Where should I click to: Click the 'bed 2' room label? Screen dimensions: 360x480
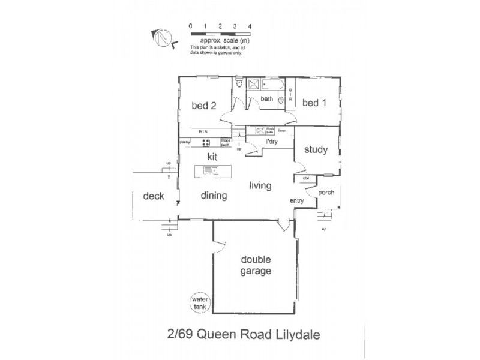coord(203,106)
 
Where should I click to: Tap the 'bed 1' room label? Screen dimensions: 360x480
coord(314,103)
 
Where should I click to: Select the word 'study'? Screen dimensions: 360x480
coord(316,149)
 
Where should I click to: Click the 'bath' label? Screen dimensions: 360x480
coord(266,99)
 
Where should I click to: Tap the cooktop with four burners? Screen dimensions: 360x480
coord(206,142)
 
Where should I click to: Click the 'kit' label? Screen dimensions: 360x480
coord(211,156)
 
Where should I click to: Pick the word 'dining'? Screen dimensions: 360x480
coord(214,195)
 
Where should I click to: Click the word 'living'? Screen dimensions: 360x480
coord(260,185)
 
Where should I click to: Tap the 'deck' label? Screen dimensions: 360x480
coord(154,196)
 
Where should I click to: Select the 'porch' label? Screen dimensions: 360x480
coord(326,193)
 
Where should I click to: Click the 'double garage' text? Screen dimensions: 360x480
coord(256,265)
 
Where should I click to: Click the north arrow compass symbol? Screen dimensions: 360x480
coord(162,37)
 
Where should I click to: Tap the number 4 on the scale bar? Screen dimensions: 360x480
coord(250,26)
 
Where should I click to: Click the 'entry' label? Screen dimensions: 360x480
coord(296,200)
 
